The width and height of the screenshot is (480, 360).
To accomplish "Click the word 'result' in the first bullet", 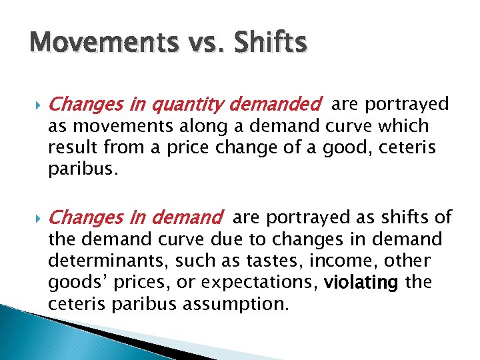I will (70, 147).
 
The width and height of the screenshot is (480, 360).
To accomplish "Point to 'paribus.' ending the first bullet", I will (82, 169).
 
